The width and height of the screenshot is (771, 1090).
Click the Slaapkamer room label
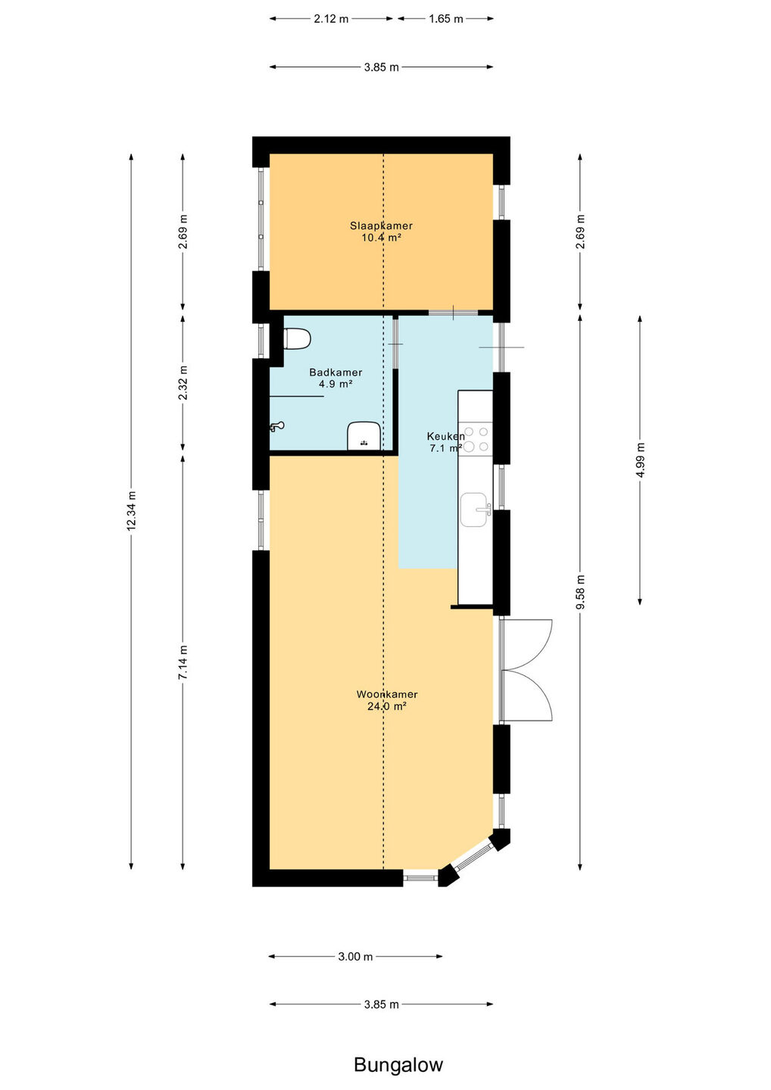pyautogui.click(x=381, y=226)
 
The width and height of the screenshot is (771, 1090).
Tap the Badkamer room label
pyautogui.click(x=336, y=372)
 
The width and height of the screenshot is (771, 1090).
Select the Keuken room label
pyautogui.click(x=445, y=436)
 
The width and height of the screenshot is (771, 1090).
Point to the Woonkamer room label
pyautogui.click(x=387, y=694)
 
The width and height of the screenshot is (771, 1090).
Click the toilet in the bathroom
pyautogui.click(x=296, y=338)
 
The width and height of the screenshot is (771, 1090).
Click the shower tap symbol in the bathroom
pyautogui.click(x=276, y=427)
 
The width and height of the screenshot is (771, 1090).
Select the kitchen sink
pyautogui.click(x=476, y=509)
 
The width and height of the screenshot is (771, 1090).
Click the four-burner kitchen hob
pyautogui.click(x=476, y=438)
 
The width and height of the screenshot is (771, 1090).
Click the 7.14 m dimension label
pyautogui.click(x=183, y=662)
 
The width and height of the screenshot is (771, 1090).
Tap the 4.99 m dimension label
pyautogui.click(x=639, y=460)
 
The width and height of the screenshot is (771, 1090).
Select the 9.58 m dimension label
pyautogui.click(x=579, y=592)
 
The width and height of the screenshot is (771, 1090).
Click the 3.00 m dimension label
pyautogui.click(x=355, y=956)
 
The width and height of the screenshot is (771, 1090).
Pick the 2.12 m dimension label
pyautogui.click(x=331, y=19)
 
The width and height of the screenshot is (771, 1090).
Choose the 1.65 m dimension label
pyautogui.click(x=446, y=19)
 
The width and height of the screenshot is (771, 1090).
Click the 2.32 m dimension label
pyautogui.click(x=183, y=382)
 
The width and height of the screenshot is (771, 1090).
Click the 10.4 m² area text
pyautogui.click(x=381, y=238)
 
